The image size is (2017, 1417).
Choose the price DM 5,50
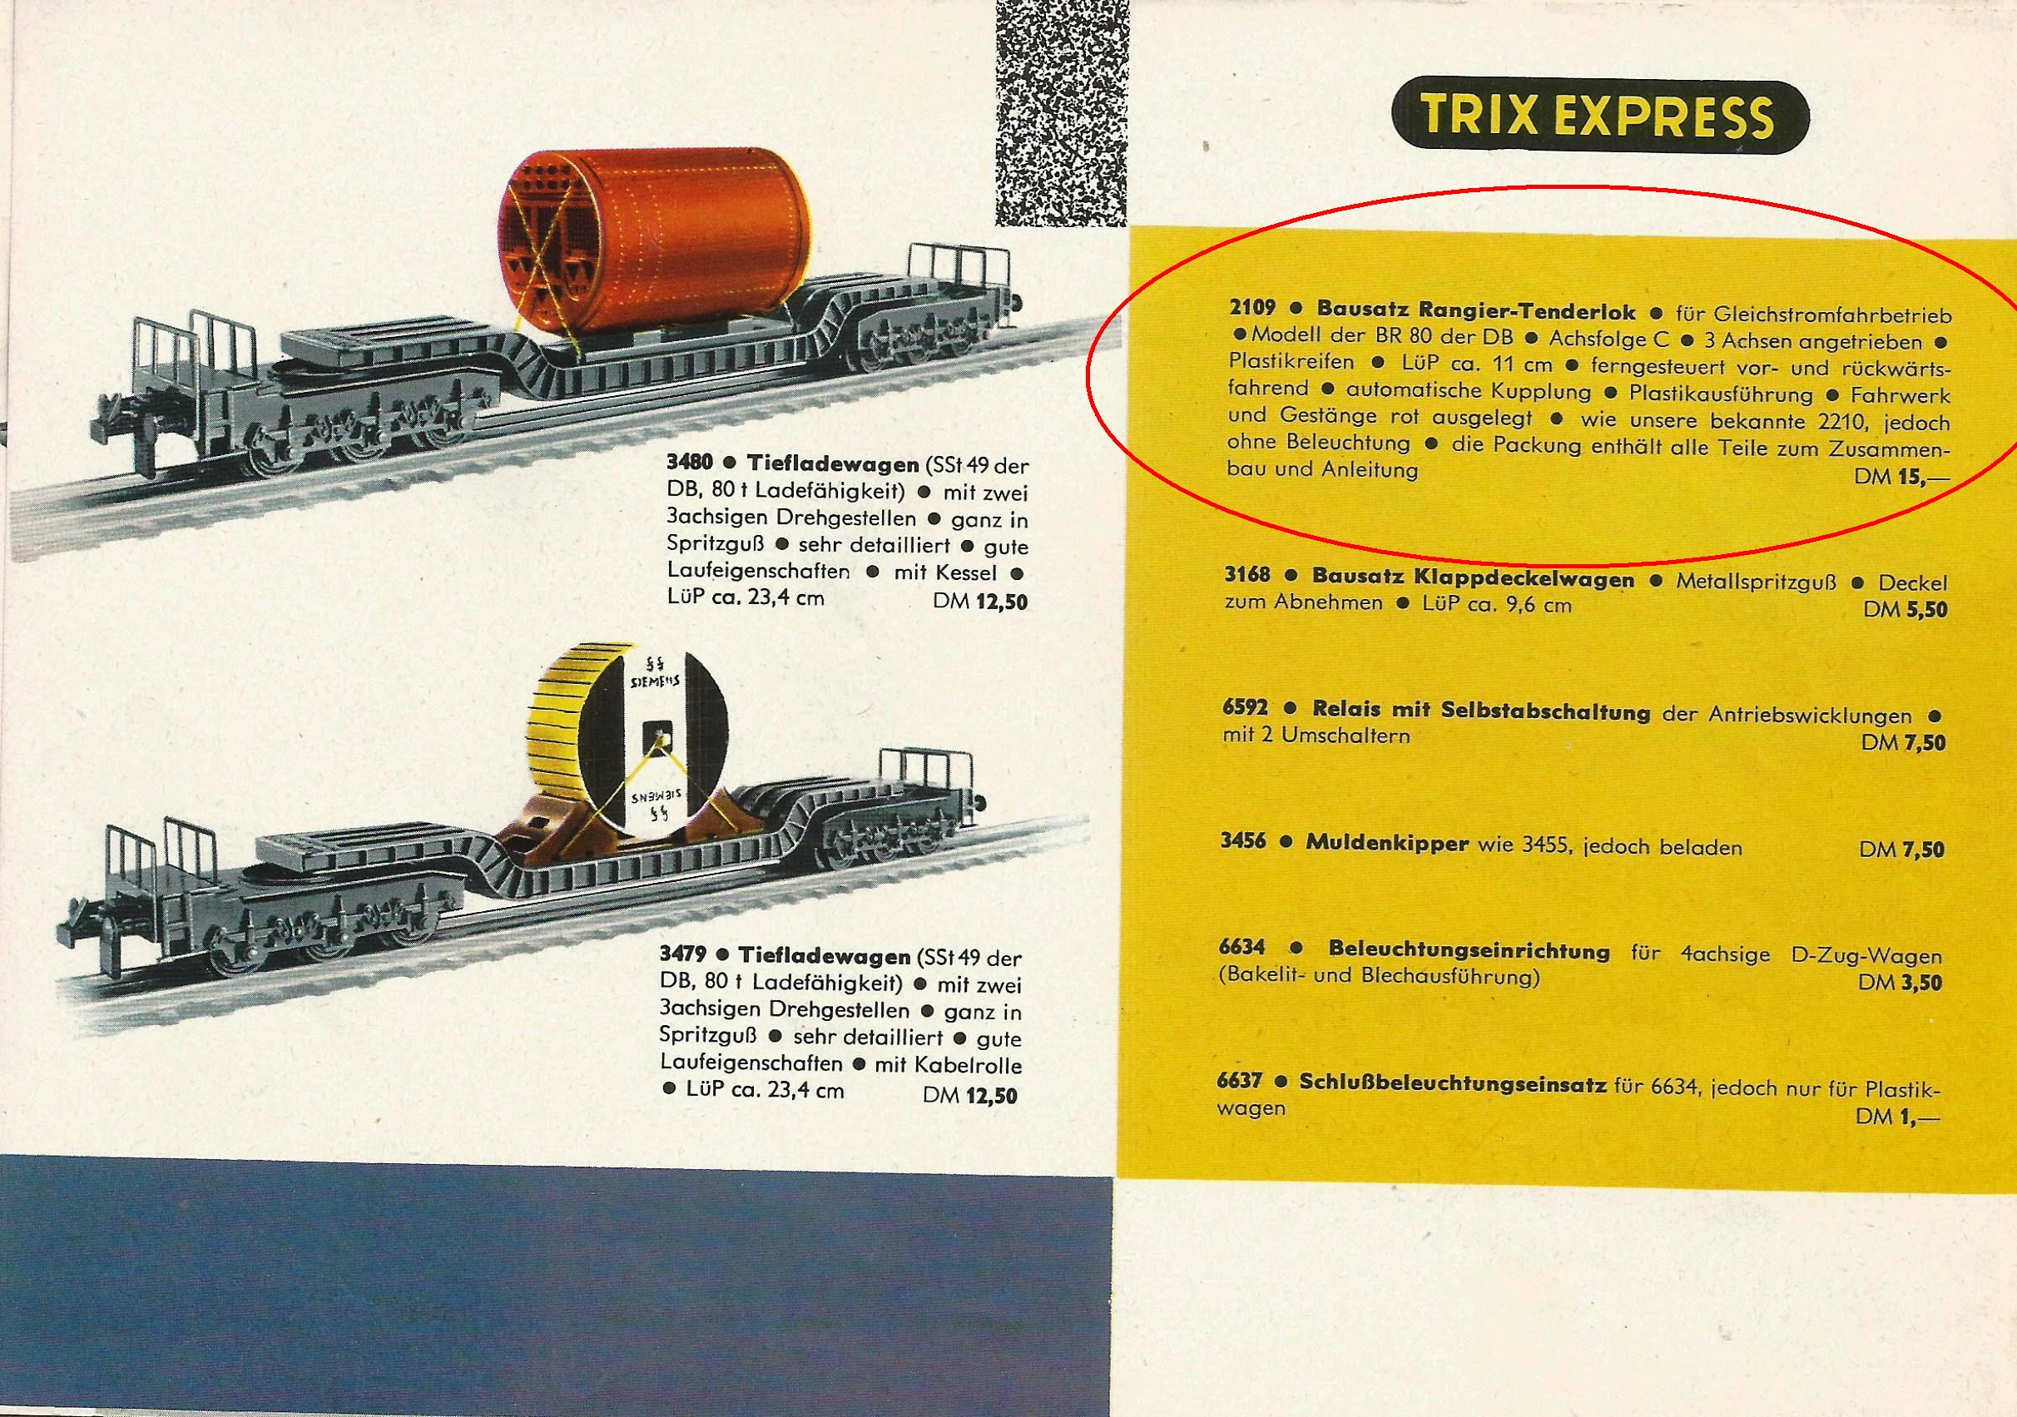[x=1905, y=608]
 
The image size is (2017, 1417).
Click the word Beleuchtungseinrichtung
[x=1469, y=951]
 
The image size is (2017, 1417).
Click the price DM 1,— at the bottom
[x=1897, y=1116]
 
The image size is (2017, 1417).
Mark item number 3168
[x=1247, y=577]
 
